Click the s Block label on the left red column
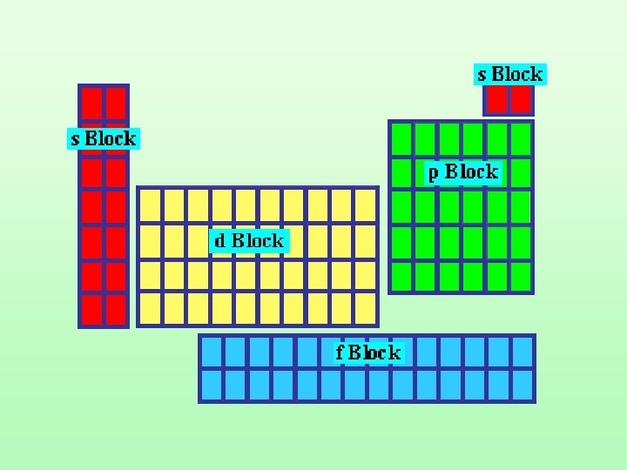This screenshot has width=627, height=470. [104, 138]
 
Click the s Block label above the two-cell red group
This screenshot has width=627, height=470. [509, 75]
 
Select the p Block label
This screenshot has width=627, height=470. [462, 172]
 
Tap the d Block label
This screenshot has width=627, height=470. [249, 240]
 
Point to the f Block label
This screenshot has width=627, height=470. [367, 352]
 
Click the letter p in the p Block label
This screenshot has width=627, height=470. [433, 174]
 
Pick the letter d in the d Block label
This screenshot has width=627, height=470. [221, 241]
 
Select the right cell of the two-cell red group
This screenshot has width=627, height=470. [520, 99]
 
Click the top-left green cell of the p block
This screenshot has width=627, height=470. [401, 138]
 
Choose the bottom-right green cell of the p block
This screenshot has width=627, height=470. [521, 276]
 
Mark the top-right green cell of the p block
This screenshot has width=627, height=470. [521, 138]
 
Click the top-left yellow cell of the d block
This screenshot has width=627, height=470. [151, 205]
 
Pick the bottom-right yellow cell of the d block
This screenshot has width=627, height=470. [365, 307]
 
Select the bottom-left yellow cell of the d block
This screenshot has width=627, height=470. [151, 307]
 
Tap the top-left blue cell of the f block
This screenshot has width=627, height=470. [212, 351]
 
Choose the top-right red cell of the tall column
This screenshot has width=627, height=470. [116, 104]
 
